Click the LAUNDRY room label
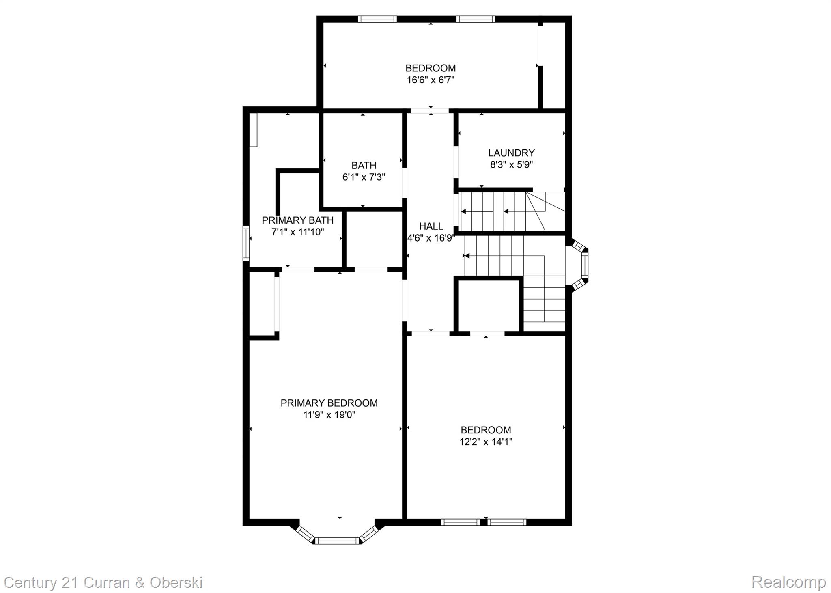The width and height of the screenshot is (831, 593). (x=511, y=153)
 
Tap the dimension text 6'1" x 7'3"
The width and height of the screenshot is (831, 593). (x=364, y=177)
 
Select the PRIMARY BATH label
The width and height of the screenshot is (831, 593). (x=297, y=220)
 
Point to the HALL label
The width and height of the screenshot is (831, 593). (x=431, y=226)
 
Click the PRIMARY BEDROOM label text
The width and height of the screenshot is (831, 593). (x=329, y=403)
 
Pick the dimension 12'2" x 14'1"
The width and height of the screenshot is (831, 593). (x=486, y=442)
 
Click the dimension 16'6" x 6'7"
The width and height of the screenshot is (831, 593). (x=431, y=80)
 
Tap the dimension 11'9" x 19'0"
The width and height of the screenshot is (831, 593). (x=329, y=415)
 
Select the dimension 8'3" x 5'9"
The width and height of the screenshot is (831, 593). (x=511, y=165)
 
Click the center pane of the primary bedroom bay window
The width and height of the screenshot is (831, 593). (x=338, y=540)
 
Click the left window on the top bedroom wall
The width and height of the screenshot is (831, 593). (x=377, y=19)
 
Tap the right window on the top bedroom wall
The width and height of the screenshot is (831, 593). (x=476, y=19)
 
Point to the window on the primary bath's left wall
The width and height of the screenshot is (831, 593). (x=246, y=243)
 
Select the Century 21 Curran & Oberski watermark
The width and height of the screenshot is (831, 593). (x=103, y=582)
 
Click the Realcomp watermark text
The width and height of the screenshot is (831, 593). (x=788, y=582)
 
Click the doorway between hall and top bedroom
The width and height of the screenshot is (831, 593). (x=430, y=110)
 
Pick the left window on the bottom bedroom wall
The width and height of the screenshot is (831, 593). (x=461, y=522)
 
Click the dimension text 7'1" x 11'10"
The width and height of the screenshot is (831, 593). (x=297, y=232)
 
